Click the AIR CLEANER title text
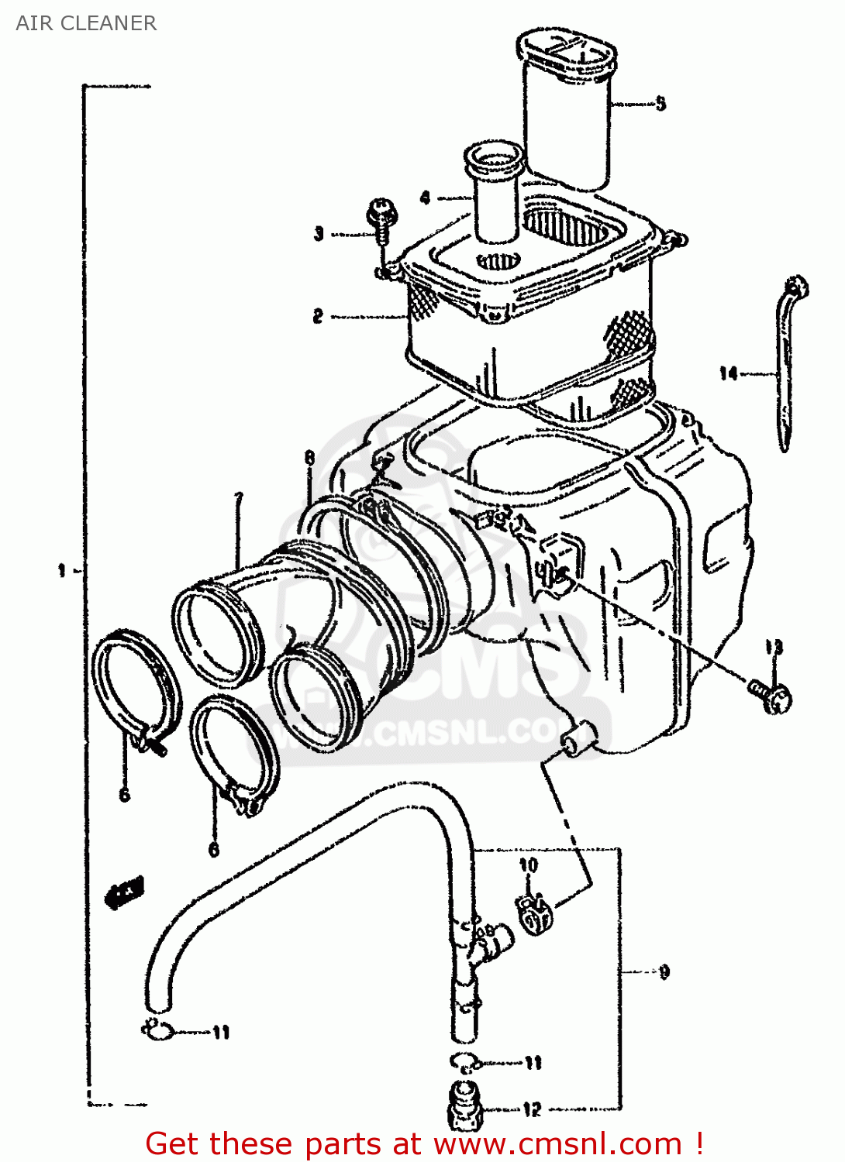86,23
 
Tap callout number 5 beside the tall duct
660,103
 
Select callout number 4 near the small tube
425,198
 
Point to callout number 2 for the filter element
318,316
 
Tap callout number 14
728,374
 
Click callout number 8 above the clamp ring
309,458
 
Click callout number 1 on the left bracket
62,571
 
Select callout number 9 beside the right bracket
664,971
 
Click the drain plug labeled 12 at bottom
464,1108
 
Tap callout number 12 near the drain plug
532,1109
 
